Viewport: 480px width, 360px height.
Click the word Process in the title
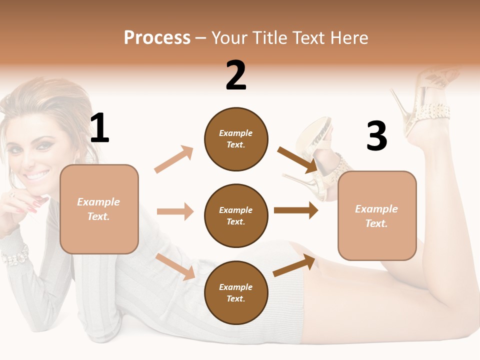(157, 38)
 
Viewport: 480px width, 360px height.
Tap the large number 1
(99, 128)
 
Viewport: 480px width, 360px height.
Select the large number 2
(236, 75)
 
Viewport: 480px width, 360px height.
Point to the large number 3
(376, 136)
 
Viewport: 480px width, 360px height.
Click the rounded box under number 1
(99, 209)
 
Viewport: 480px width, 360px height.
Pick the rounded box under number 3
(377, 215)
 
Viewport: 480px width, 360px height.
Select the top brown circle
(236, 139)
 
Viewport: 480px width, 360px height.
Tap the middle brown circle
(236, 215)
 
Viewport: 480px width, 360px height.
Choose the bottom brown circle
(236, 292)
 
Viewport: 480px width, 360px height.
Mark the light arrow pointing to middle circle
(175, 211)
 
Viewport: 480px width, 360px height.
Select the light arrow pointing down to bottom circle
(175, 266)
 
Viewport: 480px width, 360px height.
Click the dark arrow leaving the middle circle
(296, 210)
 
